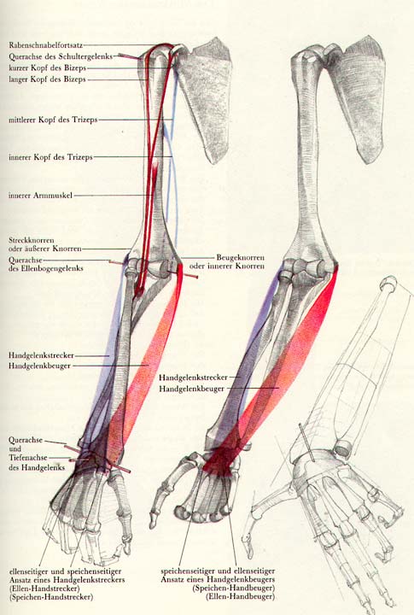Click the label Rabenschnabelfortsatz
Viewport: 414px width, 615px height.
[46, 45]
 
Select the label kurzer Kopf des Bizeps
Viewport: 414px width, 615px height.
[47, 67]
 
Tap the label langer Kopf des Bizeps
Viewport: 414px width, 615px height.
[47, 79]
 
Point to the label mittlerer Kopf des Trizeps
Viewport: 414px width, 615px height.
[53, 120]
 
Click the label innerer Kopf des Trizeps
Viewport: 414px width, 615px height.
[50, 157]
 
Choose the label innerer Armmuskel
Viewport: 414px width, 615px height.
[40, 195]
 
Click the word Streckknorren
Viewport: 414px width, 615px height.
[32, 240]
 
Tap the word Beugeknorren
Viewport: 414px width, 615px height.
[241, 258]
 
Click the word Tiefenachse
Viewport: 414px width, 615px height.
[28, 457]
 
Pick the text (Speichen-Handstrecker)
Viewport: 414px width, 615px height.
[52, 597]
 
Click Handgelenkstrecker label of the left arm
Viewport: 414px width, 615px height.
[41, 355]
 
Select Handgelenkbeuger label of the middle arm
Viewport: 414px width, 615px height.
[191, 389]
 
